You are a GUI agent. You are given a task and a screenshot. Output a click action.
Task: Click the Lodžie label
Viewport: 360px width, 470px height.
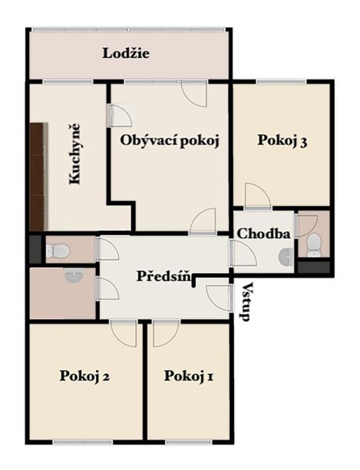coord(126,53)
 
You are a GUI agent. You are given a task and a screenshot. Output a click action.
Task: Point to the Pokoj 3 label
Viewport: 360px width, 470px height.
coord(282,141)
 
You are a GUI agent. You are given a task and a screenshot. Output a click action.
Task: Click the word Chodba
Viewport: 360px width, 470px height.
coord(263,233)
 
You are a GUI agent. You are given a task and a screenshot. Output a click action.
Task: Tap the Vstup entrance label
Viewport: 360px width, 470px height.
coord(247,302)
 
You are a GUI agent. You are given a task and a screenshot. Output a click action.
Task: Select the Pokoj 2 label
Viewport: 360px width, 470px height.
coord(84,375)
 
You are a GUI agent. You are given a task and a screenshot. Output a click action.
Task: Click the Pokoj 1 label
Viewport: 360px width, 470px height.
coord(189,376)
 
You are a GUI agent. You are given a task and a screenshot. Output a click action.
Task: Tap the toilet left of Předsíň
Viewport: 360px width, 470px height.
coord(57,251)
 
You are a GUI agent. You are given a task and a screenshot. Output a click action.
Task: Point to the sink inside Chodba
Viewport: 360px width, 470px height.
coord(286,255)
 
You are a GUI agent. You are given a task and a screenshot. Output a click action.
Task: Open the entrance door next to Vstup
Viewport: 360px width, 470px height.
coord(217,298)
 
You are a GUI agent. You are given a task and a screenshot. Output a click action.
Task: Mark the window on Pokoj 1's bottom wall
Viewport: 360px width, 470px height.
coord(188,441)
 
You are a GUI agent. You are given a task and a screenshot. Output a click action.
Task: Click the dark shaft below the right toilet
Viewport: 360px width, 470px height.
coord(313,267)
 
